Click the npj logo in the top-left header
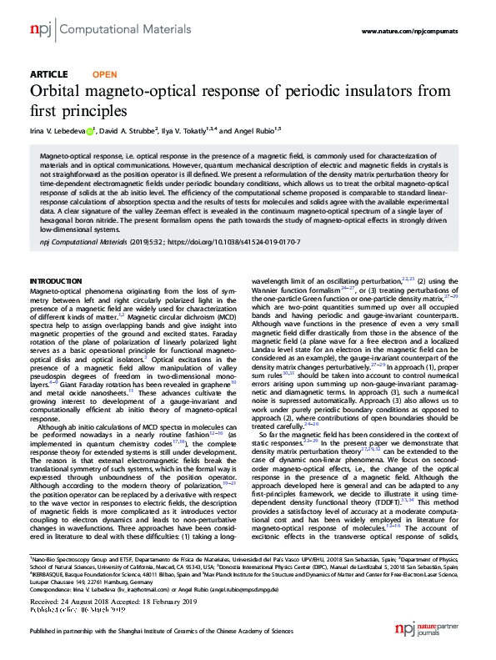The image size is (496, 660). pyautogui.click(x=40, y=30)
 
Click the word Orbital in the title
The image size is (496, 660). pyautogui.click(x=57, y=90)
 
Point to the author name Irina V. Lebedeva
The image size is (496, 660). pyautogui.click(x=56, y=129)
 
